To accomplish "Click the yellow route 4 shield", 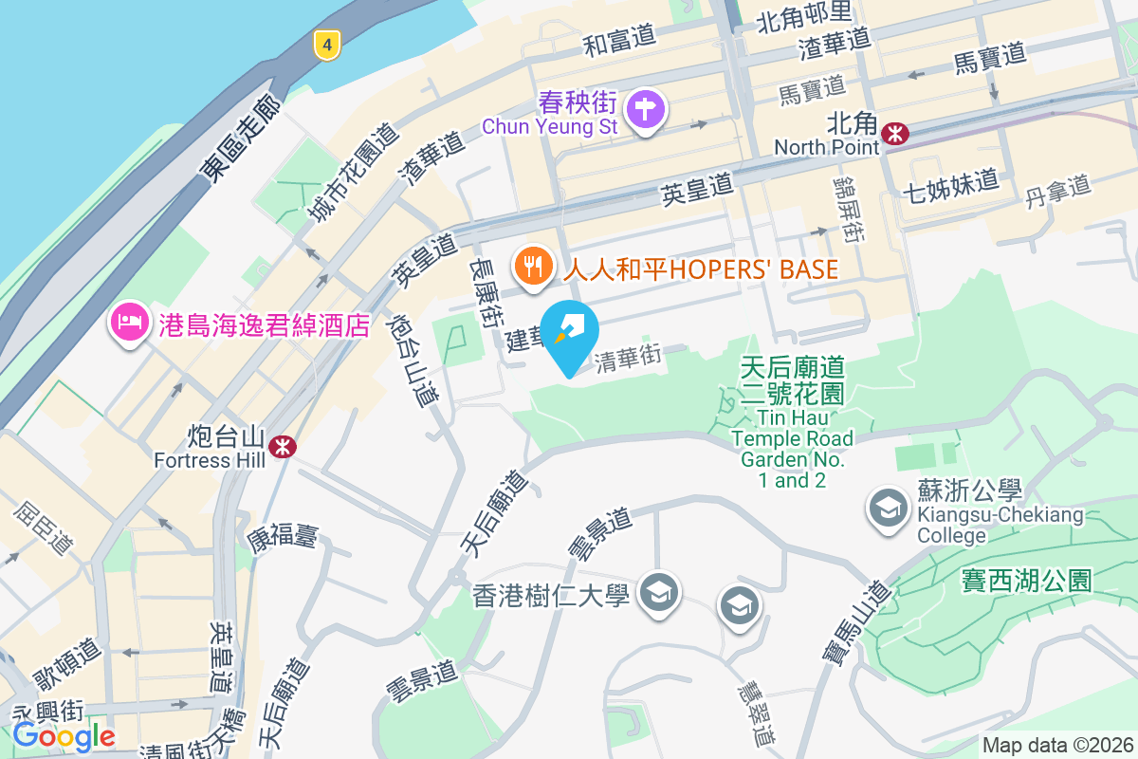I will pyautogui.click(x=326, y=44).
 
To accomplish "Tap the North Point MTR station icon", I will pyautogui.click(x=894, y=134).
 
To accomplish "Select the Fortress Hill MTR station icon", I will pyautogui.click(x=281, y=446).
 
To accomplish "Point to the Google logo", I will pyautogui.click(x=64, y=735).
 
